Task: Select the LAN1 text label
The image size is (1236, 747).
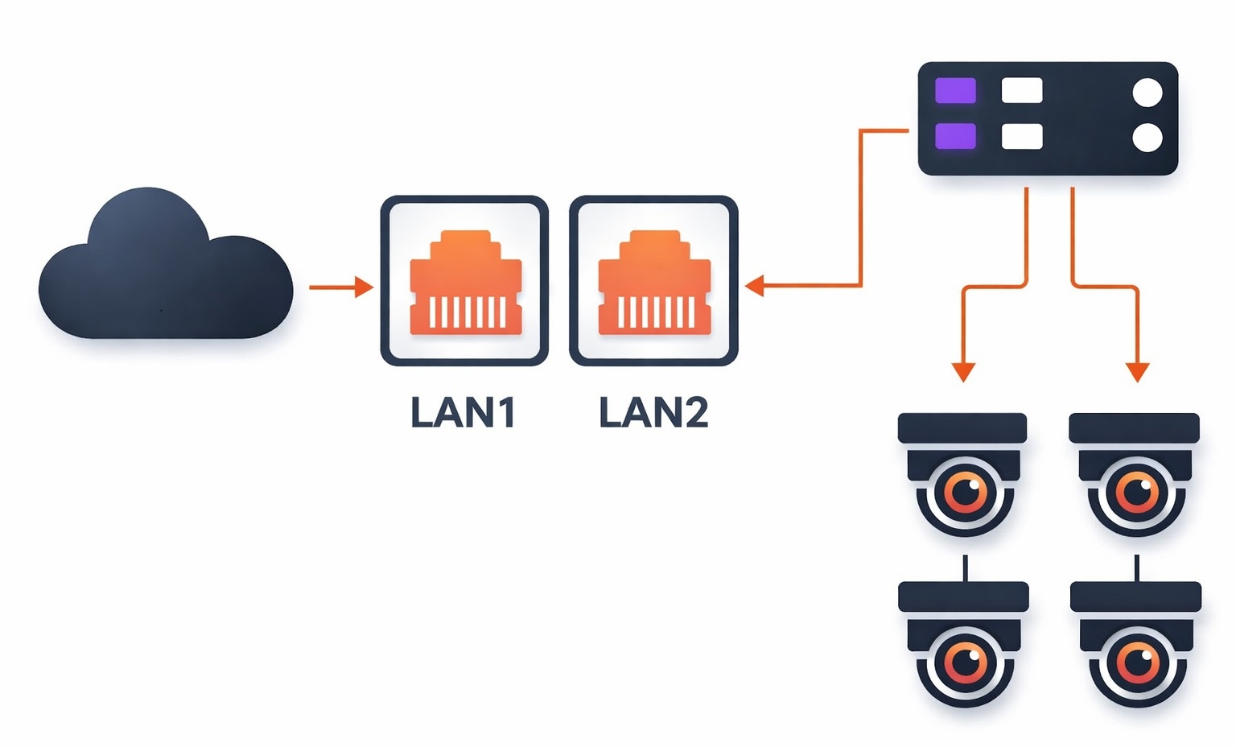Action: point(463,412)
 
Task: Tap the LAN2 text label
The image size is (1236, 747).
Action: point(653,412)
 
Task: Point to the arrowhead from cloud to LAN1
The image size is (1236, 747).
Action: point(365,287)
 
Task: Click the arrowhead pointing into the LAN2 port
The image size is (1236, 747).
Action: point(754,286)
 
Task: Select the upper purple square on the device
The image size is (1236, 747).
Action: point(955,91)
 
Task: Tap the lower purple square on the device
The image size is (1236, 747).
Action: point(955,136)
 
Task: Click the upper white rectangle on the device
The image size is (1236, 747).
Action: point(1022,91)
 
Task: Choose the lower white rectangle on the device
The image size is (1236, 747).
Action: point(1022,136)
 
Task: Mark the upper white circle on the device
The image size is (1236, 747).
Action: point(1147,93)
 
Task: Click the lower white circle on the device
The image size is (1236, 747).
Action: point(1147,138)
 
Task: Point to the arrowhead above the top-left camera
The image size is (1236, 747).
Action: point(963,372)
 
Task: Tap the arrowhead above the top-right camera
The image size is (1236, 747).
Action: point(1137,372)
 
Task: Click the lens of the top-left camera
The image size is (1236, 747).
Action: point(966,492)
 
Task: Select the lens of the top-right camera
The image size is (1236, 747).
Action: point(1137,492)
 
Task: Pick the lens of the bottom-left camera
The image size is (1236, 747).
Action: point(966,662)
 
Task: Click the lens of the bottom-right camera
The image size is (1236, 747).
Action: point(1139,662)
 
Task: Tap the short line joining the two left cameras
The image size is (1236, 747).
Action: point(965,567)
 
